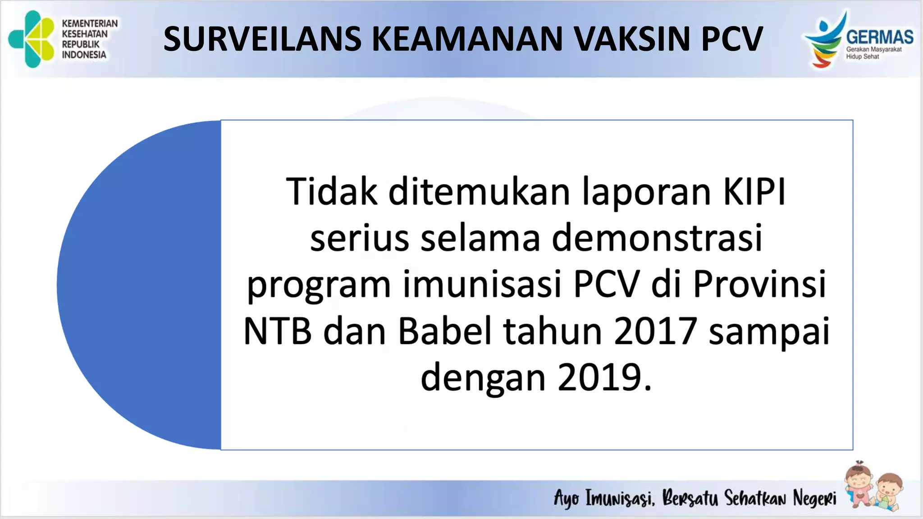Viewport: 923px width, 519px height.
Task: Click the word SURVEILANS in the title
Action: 262,39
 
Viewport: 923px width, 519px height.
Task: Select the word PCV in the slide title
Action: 732,39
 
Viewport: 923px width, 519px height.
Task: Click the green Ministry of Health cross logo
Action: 32,39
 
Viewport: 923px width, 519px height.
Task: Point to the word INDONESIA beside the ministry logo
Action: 84,55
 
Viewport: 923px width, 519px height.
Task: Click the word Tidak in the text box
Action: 331,192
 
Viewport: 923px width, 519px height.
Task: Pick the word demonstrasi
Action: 657,238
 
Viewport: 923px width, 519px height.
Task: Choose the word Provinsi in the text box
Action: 759,284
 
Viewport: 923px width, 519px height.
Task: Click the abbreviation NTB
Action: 277,331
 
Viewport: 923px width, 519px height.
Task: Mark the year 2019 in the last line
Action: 599,378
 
